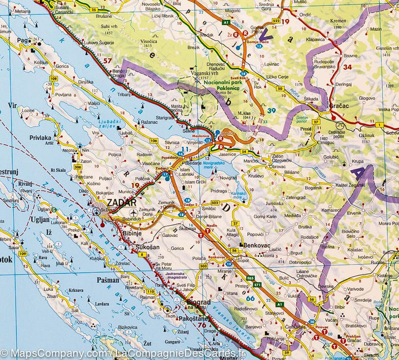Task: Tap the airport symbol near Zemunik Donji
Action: point(133,212)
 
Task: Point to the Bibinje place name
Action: point(131,233)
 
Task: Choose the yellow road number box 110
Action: point(150,291)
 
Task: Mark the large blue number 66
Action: point(250,298)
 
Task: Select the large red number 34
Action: point(347,67)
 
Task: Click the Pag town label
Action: point(23,40)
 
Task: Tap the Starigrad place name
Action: point(165,118)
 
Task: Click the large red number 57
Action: point(107,60)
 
